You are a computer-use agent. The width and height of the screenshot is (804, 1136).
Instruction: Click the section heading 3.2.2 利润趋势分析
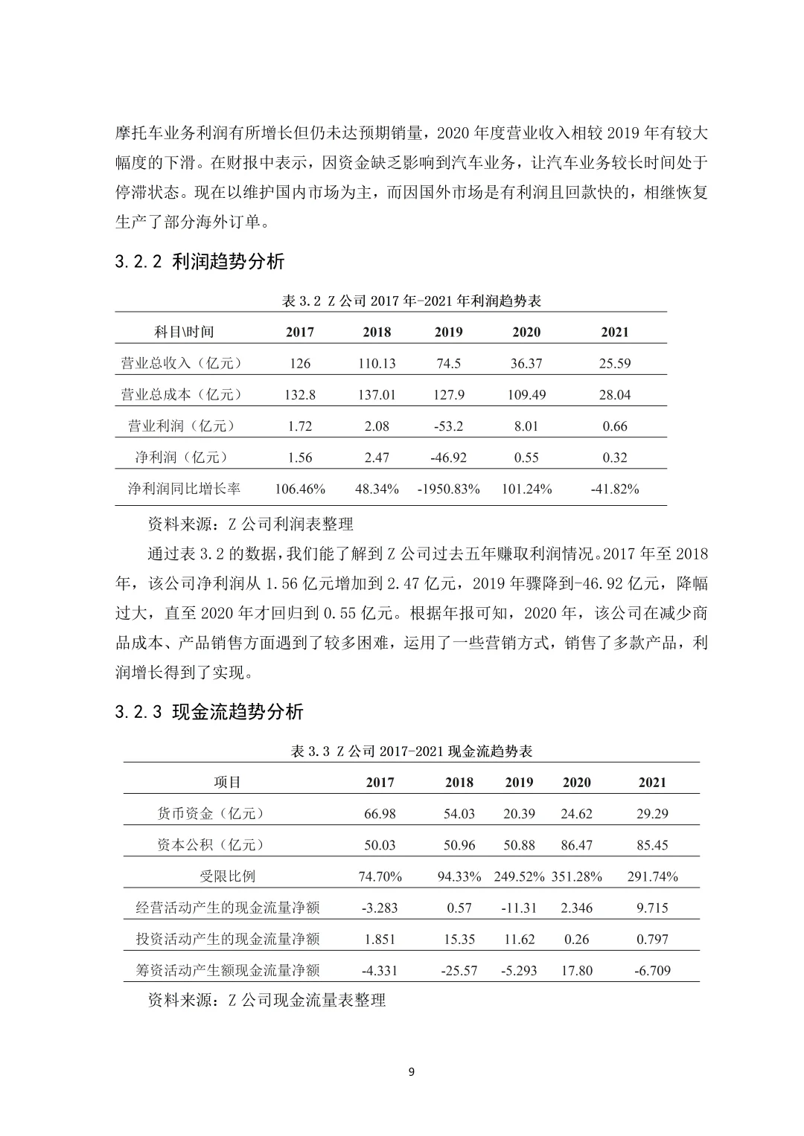pos(200,262)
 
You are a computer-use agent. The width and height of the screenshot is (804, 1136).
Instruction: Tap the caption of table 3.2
pos(412,301)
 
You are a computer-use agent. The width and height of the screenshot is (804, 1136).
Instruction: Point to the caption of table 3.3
pos(412,751)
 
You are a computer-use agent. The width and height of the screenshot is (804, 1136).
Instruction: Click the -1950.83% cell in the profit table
pos(449,490)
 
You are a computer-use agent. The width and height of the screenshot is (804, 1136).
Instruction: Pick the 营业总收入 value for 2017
pos(300,364)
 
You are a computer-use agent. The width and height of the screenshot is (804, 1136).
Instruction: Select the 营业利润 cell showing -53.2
pos(448,426)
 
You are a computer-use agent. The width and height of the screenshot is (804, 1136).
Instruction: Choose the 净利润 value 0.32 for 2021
pos(615,458)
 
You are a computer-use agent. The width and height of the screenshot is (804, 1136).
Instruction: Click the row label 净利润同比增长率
pos(184,490)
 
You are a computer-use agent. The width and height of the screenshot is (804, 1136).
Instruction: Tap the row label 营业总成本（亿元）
pos(182,395)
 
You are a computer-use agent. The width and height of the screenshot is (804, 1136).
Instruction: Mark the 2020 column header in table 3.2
pos(526,333)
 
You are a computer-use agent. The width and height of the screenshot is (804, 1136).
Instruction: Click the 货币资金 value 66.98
pos(380,814)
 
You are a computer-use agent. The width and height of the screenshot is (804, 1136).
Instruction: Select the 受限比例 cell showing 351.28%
pos(577,877)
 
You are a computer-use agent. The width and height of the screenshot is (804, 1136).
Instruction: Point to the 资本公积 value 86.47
pos(577,845)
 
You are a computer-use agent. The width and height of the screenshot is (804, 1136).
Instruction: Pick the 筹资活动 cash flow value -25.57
pos(459,971)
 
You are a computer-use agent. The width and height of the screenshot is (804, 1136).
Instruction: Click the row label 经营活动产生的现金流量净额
pos(228,908)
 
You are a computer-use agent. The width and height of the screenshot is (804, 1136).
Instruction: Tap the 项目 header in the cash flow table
pos(228,783)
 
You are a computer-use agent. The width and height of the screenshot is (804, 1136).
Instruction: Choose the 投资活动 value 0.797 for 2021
pos(652,940)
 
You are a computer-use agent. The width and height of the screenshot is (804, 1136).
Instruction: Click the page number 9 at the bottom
pos(412,1072)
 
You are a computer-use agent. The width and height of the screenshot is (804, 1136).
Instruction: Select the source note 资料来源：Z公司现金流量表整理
pos(267,1001)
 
